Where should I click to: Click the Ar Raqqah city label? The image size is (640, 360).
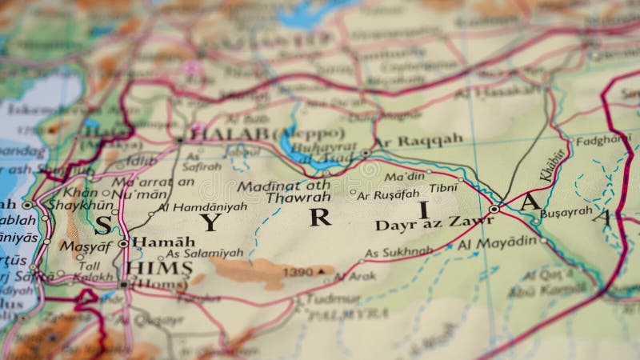[x=418, y=141]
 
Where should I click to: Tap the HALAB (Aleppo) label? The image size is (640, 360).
[x=266, y=133]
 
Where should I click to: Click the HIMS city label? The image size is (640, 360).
[x=160, y=267]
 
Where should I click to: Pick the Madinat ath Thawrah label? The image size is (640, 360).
[x=285, y=191]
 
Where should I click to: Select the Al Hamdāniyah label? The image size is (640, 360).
[x=202, y=206]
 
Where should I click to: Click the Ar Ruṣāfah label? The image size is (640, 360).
[x=388, y=194]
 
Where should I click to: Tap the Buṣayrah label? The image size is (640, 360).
[x=566, y=212]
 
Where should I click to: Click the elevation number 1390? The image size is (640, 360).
[x=298, y=273]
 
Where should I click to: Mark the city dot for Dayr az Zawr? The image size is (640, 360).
[x=494, y=210]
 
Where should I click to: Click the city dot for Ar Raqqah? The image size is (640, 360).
[x=366, y=152]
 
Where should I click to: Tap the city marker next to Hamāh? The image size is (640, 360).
[x=123, y=242]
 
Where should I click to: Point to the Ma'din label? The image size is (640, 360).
[x=404, y=176]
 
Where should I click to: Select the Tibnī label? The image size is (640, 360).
[x=443, y=188]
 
